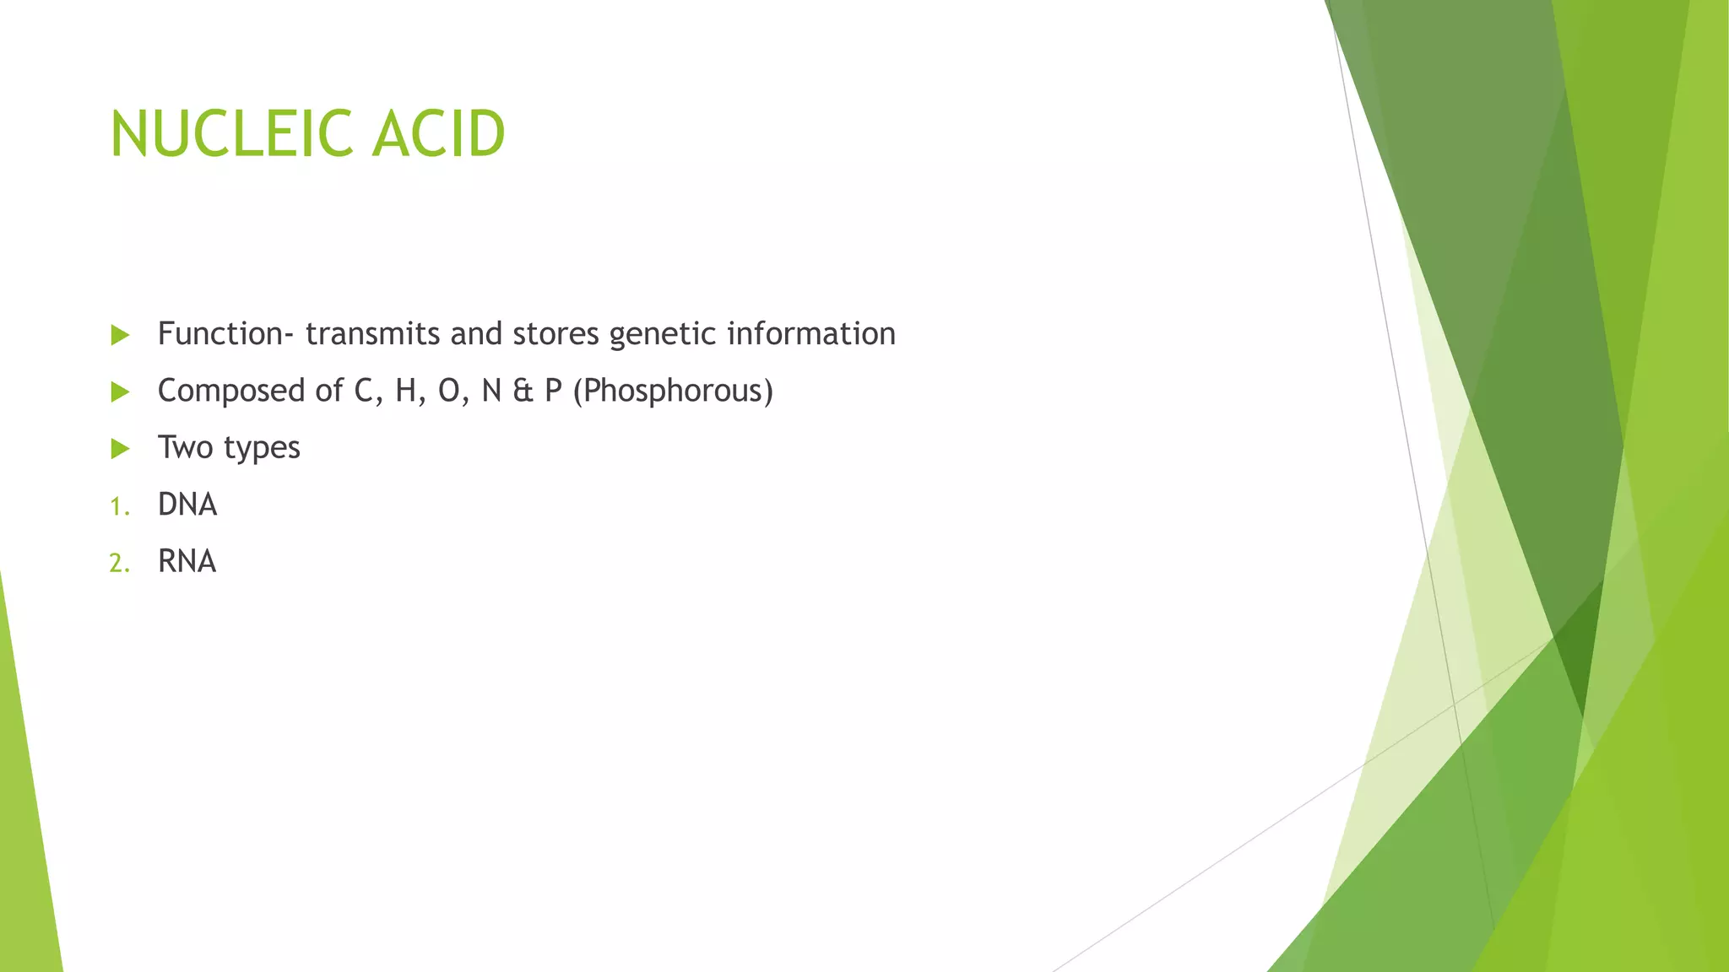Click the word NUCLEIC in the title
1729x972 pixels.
coord(231,134)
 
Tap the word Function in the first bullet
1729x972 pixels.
coord(220,334)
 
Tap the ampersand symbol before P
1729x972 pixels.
coord(523,391)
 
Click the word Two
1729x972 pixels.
coord(185,448)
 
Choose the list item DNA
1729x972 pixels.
coord(187,505)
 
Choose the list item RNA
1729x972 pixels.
coord(187,561)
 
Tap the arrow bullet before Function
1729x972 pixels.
coord(120,336)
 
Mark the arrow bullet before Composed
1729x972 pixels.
coord(120,392)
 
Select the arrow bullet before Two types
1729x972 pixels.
coord(120,449)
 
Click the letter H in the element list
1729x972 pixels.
coord(406,391)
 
